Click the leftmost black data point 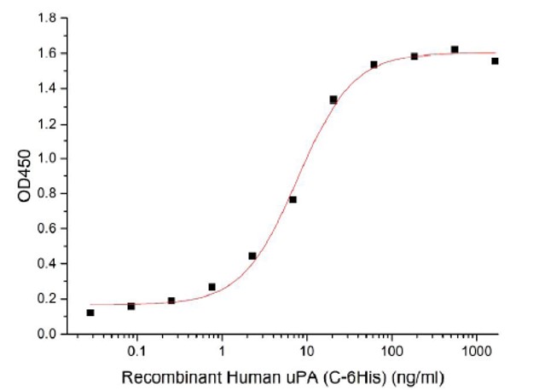point(90,313)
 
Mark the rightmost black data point point(495,61)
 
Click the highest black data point point(455,49)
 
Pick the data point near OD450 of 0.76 point(293,200)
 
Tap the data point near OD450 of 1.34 point(333,100)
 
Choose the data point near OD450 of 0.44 point(252,255)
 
